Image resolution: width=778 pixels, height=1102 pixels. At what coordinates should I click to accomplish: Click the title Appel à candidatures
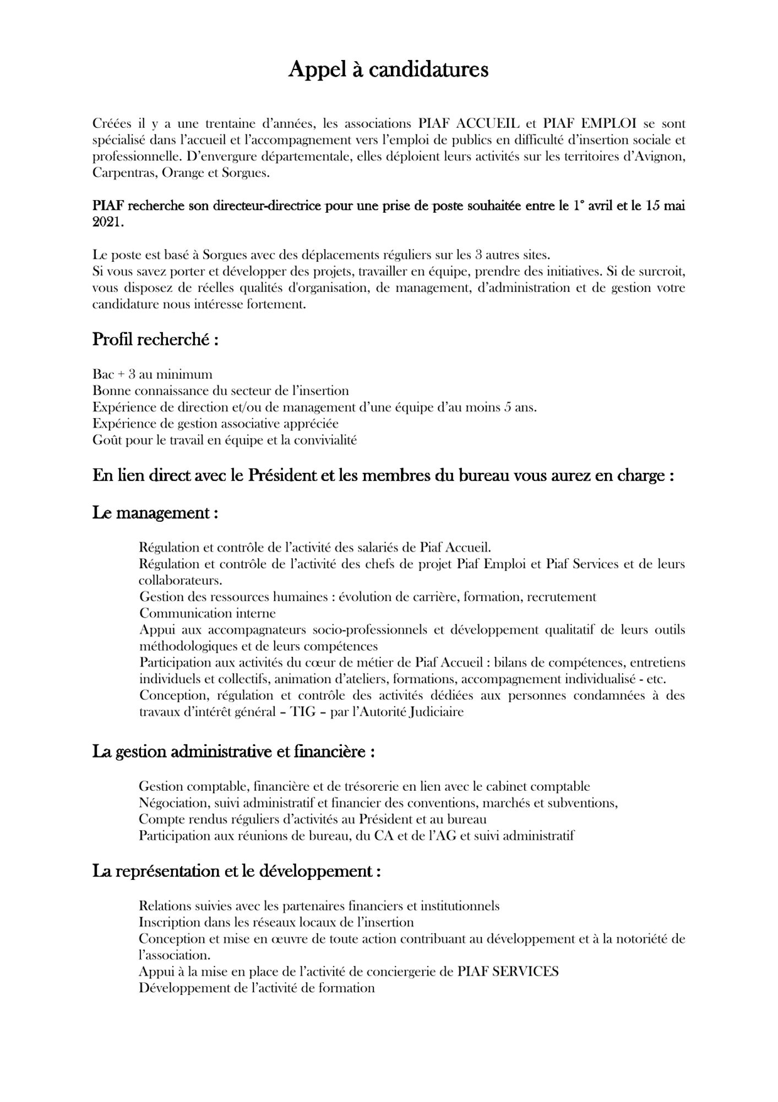click(x=388, y=70)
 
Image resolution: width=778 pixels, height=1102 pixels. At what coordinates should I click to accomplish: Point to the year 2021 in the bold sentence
click(x=107, y=223)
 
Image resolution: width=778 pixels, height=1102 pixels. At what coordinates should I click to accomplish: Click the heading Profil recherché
click(x=155, y=340)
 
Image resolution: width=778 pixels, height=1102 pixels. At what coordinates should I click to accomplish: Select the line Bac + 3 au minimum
click(x=153, y=375)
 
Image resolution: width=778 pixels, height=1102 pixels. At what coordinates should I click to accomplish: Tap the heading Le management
click(x=155, y=513)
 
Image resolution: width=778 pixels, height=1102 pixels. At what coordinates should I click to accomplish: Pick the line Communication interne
click(x=208, y=613)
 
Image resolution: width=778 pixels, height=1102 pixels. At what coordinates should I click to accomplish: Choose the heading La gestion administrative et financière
click(x=233, y=752)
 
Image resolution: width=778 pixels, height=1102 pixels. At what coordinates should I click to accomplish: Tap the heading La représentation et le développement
click(x=237, y=872)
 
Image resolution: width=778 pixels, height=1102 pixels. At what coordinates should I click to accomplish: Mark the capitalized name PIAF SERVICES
click(x=508, y=971)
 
